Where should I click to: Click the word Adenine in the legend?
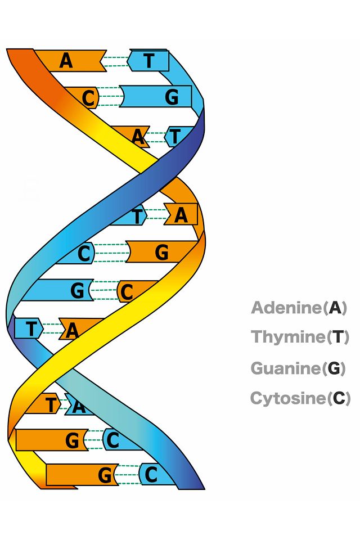click(287, 308)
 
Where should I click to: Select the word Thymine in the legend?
click(288, 337)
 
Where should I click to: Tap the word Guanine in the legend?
click(286, 368)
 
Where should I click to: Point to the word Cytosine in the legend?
click(288, 398)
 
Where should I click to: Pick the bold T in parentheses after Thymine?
click(338, 337)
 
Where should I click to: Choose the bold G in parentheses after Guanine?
click(334, 368)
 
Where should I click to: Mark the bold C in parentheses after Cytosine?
click(339, 398)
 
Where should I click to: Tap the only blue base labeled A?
click(79, 406)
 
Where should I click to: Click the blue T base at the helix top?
click(148, 61)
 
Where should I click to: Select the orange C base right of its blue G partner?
click(133, 291)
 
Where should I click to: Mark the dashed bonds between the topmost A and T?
click(117, 61)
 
